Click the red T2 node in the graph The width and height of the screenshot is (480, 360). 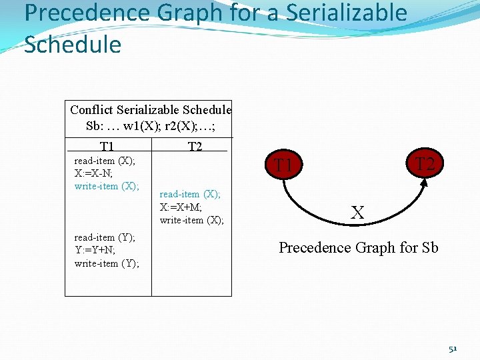[425, 163]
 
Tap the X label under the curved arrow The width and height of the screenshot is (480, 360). [357, 213]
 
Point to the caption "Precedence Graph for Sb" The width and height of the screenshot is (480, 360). [358, 248]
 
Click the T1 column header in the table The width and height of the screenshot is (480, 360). [107, 147]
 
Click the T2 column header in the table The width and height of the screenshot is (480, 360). [195, 147]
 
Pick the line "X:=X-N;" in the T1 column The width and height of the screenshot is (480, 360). [95, 173]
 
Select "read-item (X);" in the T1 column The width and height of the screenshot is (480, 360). [105, 161]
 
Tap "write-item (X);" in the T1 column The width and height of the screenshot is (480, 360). [107, 186]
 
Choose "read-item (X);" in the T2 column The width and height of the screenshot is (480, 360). [190, 194]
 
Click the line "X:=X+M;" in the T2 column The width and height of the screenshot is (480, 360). [181, 207]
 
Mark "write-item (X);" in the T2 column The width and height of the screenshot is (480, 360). [192, 220]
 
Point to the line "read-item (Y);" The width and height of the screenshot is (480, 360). [105, 237]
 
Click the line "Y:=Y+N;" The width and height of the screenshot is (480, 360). [95, 250]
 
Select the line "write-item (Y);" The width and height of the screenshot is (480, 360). [107, 263]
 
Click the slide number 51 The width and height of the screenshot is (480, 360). [453, 349]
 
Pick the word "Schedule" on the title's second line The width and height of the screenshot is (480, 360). [73, 44]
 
